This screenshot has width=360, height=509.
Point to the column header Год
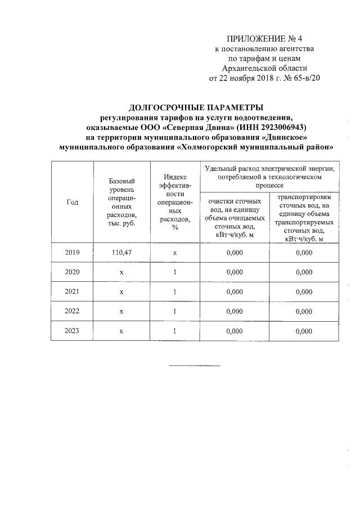pyautogui.click(x=72, y=202)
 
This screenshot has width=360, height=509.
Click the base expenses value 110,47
pyautogui.click(x=121, y=253)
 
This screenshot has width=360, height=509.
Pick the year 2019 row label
pyautogui.click(x=72, y=253)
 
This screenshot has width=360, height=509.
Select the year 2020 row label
pyautogui.click(x=72, y=272)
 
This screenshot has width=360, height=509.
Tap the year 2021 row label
pyautogui.click(x=72, y=292)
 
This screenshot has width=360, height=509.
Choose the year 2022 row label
pyautogui.click(x=72, y=311)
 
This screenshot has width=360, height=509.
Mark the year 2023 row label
pyautogui.click(x=72, y=331)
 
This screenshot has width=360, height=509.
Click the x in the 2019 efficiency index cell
pyautogui.click(x=175, y=253)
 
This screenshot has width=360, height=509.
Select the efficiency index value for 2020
pyautogui.click(x=175, y=272)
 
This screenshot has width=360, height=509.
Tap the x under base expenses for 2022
pyautogui.click(x=121, y=311)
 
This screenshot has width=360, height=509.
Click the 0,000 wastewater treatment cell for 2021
pyautogui.click(x=234, y=292)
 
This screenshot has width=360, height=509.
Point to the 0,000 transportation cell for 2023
pyautogui.click(x=303, y=331)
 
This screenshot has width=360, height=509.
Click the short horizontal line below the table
pyautogui.click(x=196, y=366)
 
